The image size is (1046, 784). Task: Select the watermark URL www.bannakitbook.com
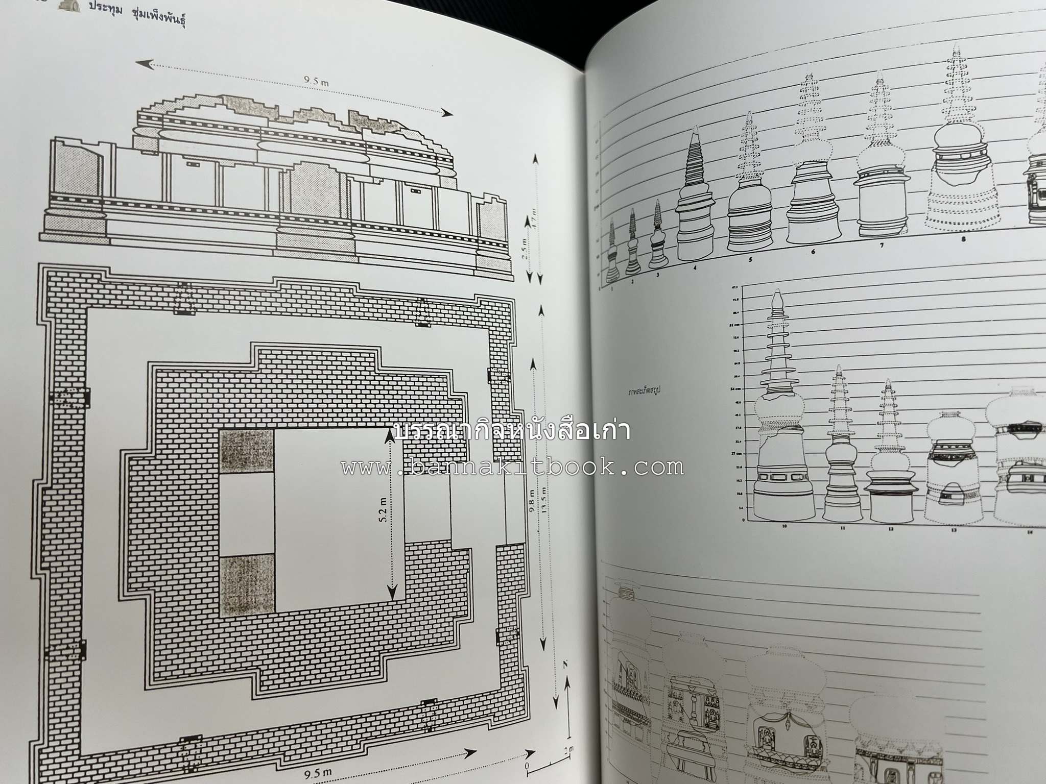(x=512, y=467)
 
